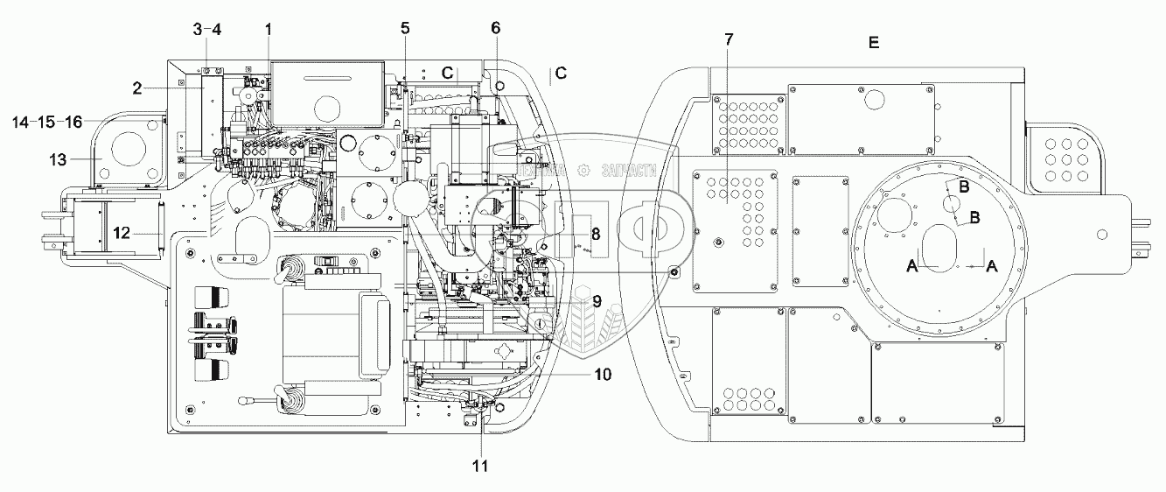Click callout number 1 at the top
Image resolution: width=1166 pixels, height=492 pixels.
pos(269,29)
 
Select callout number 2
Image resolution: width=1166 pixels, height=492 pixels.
pos(137,87)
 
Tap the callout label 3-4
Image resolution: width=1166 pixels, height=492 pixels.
pos(207,29)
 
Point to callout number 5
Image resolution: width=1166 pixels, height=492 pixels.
pos(405,28)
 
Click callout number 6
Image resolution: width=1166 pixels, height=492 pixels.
pos(495,28)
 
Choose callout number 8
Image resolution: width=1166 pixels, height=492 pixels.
pos(595,235)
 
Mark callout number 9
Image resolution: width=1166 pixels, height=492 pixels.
pos(596,300)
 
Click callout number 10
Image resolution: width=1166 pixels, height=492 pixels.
pos(602,374)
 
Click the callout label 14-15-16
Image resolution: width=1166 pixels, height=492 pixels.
pos(48,122)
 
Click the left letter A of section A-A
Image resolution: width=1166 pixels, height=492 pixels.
pos(913,265)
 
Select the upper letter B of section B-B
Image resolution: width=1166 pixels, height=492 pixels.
pos(961,186)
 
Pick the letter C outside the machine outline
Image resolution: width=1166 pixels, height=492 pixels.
pos(561,74)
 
